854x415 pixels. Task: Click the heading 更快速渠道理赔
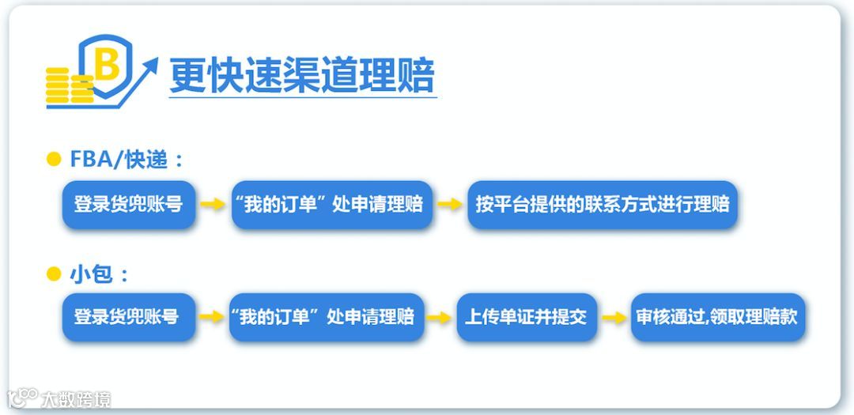click(302, 76)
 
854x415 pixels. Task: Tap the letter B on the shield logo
click(108, 66)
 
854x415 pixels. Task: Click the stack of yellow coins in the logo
click(68, 85)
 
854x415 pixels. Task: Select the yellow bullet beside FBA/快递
click(54, 160)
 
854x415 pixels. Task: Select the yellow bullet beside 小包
click(54, 274)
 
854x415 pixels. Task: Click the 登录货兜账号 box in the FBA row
click(128, 205)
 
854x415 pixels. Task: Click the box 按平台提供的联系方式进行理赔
click(603, 205)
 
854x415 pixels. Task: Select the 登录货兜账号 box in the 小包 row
click(128, 318)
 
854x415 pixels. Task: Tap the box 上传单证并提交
click(526, 318)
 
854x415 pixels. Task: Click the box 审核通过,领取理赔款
click(717, 318)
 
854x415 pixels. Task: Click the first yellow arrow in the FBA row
click(212, 205)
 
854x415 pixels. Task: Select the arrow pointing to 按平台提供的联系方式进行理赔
click(450, 205)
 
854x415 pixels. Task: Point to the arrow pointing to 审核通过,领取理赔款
click(614, 318)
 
